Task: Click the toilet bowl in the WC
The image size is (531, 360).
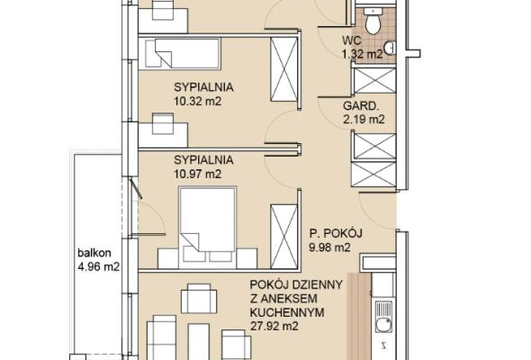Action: [373, 21]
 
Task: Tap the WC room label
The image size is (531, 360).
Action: [352, 40]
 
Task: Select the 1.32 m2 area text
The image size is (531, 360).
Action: [363, 54]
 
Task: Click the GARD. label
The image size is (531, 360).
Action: [361, 106]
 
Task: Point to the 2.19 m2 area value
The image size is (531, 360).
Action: [364, 120]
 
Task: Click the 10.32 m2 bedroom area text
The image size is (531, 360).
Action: [197, 101]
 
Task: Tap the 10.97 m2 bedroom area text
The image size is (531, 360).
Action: [197, 174]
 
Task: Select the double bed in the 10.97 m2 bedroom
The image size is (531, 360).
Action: [207, 226]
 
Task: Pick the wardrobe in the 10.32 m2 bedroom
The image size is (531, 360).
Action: [283, 69]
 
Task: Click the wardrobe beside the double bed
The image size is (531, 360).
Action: [283, 237]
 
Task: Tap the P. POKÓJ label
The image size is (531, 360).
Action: [336, 233]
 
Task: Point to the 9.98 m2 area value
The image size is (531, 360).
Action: [329, 247]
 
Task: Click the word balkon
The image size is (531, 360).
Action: [94, 253]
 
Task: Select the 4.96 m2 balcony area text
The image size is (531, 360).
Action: [98, 267]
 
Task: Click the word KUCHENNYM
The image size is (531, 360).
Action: [287, 312]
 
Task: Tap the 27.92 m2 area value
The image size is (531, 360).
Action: [274, 326]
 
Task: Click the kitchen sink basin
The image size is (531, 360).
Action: [383, 326]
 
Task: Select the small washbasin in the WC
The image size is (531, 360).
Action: [391, 48]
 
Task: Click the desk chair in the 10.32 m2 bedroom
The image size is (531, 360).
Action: [163, 123]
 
